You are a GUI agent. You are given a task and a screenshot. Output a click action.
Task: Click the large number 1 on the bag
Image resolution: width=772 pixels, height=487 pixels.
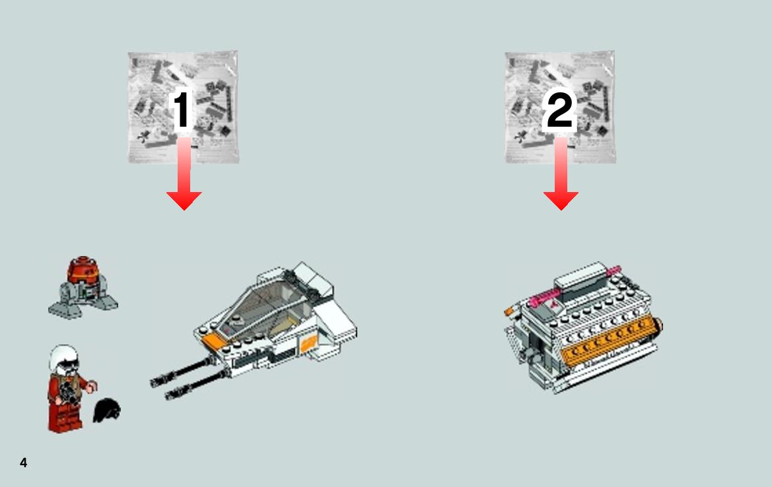181,110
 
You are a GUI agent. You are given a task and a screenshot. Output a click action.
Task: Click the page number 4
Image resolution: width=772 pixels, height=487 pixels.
23,463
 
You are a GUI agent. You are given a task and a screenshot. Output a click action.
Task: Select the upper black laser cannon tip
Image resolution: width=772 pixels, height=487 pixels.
158,381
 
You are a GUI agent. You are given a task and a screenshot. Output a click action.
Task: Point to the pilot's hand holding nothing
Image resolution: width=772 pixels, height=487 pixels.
92,387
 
